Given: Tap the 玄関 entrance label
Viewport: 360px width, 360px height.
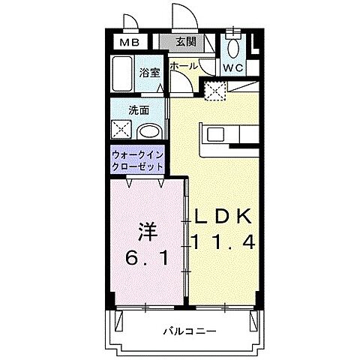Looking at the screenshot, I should [187, 43].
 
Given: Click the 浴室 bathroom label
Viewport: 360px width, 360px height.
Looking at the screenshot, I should [150, 73].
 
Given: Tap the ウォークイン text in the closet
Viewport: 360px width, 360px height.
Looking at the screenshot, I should [138, 155].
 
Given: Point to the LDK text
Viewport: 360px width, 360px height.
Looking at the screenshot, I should [224, 216].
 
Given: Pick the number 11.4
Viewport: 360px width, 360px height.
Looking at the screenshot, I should [224, 243].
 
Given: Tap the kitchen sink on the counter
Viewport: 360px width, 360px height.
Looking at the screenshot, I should [215, 135].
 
